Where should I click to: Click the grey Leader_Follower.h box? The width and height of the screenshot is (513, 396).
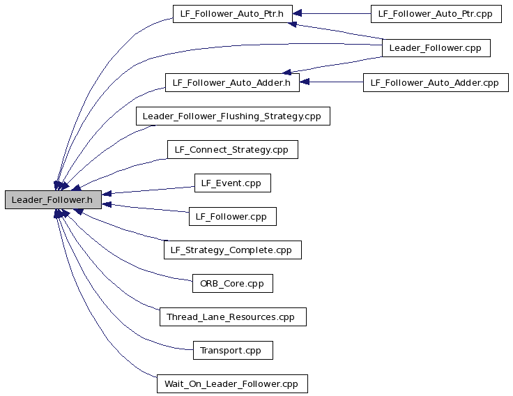click(x=54, y=199)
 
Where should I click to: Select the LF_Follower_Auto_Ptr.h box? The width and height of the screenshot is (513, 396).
click(x=233, y=14)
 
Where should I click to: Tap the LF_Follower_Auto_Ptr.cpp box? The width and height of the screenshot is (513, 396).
click(x=436, y=14)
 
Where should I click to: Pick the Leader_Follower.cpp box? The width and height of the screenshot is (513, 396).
click(x=436, y=48)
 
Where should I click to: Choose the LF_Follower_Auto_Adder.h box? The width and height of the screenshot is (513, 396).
click(x=232, y=82)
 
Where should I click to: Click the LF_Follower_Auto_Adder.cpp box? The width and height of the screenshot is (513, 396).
click(x=436, y=82)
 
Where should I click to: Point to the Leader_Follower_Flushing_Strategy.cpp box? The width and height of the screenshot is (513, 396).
click(x=233, y=116)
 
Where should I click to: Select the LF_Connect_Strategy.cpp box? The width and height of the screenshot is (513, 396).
click(x=233, y=150)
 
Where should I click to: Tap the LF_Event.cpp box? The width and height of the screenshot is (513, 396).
click(x=233, y=183)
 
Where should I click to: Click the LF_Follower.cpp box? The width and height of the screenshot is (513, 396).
click(x=233, y=216)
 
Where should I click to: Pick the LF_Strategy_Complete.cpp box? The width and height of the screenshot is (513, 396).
click(x=233, y=250)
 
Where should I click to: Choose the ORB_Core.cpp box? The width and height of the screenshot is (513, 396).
click(x=233, y=284)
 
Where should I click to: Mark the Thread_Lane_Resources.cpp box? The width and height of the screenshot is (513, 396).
click(x=233, y=317)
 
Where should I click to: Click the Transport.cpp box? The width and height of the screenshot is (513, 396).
click(x=233, y=350)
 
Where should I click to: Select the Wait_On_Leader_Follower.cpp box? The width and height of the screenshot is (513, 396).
click(x=232, y=384)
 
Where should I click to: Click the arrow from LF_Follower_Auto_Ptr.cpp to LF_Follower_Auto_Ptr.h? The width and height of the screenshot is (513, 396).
click(x=332, y=13)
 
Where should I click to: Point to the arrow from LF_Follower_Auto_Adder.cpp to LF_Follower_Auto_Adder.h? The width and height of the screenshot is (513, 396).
click(x=331, y=82)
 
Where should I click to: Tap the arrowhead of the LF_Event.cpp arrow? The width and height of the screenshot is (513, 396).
click(x=107, y=193)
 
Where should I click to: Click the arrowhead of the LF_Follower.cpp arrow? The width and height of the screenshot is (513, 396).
click(x=107, y=204)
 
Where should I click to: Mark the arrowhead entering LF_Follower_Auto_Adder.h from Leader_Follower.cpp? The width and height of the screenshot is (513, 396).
click(x=286, y=72)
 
